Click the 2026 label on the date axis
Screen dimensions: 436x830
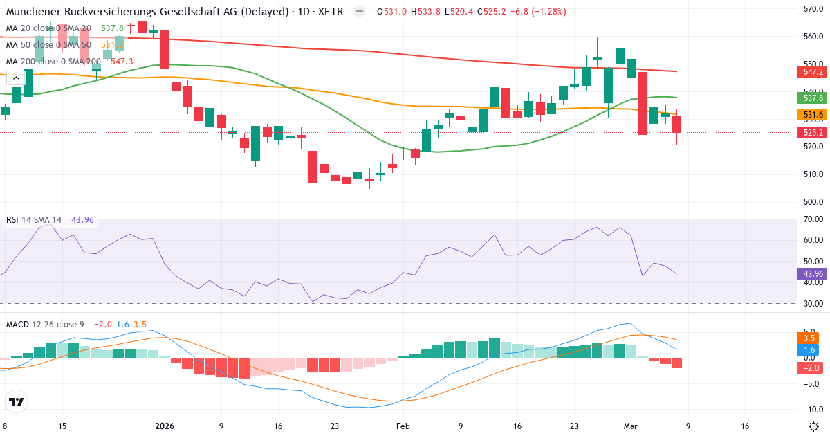point(165,426)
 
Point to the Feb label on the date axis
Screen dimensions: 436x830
point(403,426)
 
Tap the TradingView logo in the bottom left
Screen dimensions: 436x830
point(17,401)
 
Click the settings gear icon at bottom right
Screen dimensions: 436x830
point(813,426)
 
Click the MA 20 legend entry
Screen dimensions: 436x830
point(48,28)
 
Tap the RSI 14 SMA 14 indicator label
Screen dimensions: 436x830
point(33,220)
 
